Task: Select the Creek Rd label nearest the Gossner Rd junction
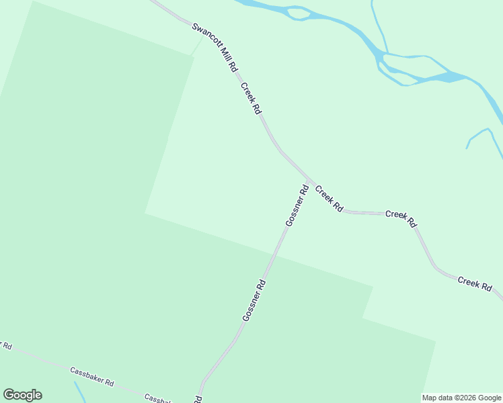329,199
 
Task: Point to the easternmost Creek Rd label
475,283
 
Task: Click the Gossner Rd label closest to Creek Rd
297,206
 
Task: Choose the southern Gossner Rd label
254,300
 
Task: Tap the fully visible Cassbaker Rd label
91,375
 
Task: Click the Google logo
22,395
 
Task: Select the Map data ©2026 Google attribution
461,398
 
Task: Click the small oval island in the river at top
299,13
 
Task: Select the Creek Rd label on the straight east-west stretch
401,219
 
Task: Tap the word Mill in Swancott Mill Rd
225,58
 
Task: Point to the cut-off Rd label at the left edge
5,345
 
